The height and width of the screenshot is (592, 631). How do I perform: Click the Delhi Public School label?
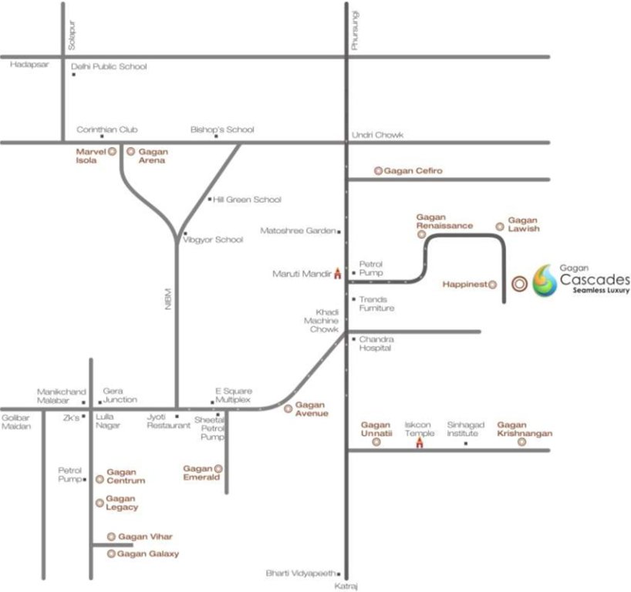(x=109, y=67)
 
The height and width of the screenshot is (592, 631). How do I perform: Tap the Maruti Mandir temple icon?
(x=337, y=273)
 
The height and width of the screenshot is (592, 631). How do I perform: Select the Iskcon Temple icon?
(x=420, y=442)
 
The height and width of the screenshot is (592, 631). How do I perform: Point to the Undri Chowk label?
(x=377, y=135)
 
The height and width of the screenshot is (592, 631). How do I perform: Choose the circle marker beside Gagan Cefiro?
(x=378, y=170)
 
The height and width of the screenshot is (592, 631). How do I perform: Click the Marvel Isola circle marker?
(x=113, y=152)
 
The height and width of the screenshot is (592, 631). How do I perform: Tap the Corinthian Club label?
(x=106, y=130)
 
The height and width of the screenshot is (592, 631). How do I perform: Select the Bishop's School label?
(x=222, y=130)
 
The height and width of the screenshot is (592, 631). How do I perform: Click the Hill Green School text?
(x=247, y=200)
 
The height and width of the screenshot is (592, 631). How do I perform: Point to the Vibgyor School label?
(x=213, y=240)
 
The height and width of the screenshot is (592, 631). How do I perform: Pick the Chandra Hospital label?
(x=376, y=343)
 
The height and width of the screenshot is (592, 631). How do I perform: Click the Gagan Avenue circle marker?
(x=289, y=408)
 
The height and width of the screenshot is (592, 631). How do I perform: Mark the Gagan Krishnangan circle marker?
(x=522, y=442)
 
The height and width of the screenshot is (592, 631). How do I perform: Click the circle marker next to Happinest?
(x=493, y=284)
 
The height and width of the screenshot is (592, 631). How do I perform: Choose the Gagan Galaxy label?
(x=148, y=553)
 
